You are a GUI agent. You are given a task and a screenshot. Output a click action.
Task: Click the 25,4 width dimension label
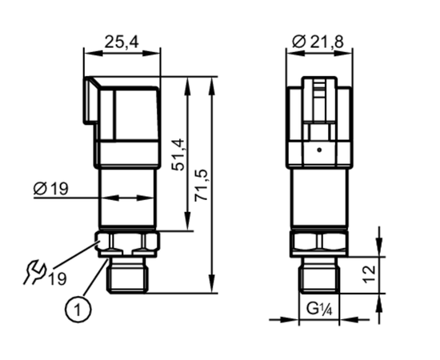(x=122, y=42)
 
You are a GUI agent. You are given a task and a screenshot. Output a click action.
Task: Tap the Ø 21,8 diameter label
(x=318, y=42)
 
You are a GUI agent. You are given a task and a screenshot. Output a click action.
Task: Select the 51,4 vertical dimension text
(x=179, y=154)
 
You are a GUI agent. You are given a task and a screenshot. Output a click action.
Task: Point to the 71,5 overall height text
(x=202, y=185)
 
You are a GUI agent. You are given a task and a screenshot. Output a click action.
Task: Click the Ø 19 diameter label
(x=50, y=188)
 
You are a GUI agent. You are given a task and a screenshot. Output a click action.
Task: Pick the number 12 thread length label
(x=369, y=274)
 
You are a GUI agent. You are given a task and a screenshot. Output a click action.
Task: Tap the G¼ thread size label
(x=319, y=310)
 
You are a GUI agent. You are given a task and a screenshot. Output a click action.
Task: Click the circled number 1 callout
(x=78, y=310)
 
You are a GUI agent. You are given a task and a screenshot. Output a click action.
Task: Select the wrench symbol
(x=34, y=272)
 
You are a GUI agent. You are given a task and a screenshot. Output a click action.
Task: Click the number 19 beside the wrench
(x=58, y=278)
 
